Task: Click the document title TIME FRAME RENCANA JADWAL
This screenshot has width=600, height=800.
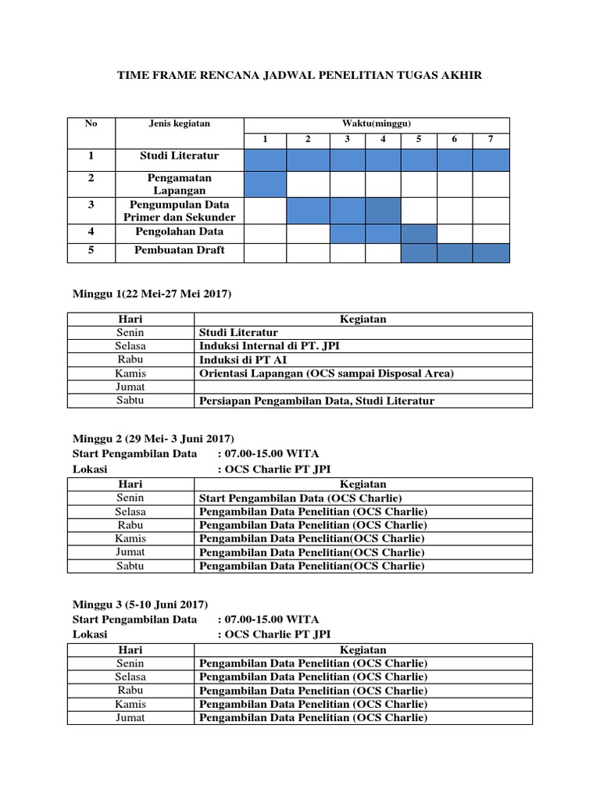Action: click(x=299, y=75)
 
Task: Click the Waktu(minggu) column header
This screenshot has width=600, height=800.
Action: click(x=377, y=123)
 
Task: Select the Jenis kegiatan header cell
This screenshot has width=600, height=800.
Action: click(x=180, y=123)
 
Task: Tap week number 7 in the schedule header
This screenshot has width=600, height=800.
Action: click(x=491, y=139)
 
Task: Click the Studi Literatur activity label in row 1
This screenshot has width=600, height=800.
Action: click(x=180, y=155)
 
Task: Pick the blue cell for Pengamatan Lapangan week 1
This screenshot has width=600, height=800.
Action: click(x=265, y=184)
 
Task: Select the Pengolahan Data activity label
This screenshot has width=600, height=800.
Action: click(x=180, y=231)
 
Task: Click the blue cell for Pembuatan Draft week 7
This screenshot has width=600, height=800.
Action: click(x=491, y=252)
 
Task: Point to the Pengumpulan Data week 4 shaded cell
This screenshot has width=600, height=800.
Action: click(x=383, y=211)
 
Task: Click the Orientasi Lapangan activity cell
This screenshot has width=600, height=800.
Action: click(x=326, y=373)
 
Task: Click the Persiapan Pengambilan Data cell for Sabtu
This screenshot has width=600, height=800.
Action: click(x=316, y=401)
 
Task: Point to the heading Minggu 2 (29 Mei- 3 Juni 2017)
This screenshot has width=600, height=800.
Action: click(x=153, y=438)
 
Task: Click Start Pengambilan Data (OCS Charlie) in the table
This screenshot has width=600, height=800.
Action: click(x=300, y=498)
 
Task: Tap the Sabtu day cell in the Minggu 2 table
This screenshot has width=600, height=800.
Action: click(x=130, y=566)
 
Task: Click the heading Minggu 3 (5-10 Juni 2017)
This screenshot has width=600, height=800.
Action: click(x=140, y=604)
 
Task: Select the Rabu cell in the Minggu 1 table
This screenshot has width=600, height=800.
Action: click(x=130, y=359)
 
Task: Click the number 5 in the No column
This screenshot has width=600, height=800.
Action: click(x=91, y=250)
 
